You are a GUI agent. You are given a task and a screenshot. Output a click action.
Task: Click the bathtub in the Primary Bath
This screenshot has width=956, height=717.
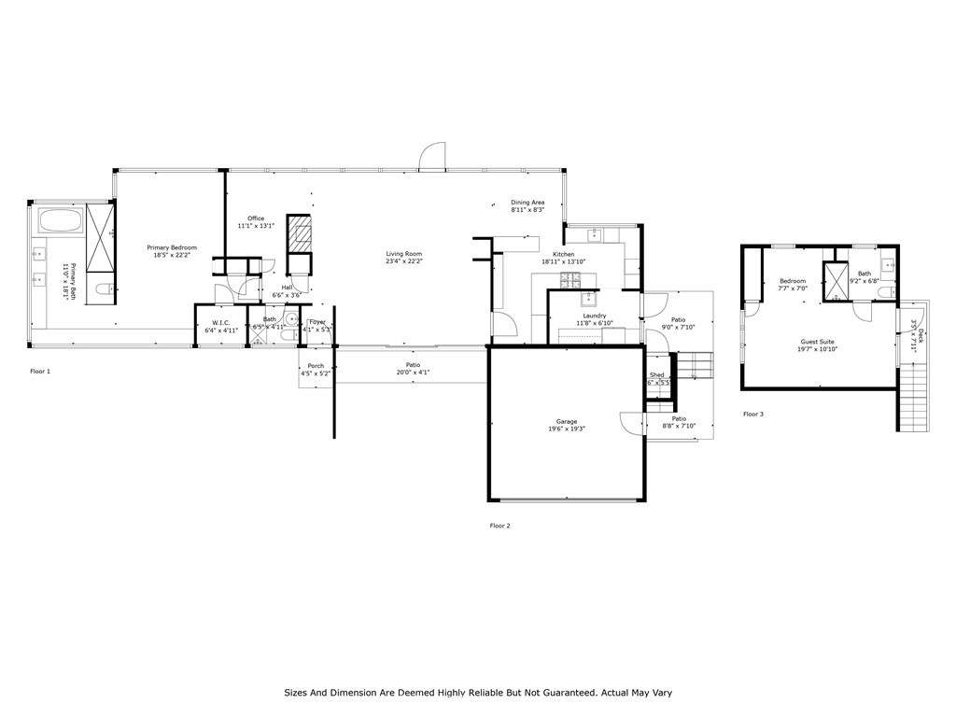click(61, 221)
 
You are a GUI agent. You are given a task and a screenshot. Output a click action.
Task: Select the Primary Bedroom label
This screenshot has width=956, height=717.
click(172, 247)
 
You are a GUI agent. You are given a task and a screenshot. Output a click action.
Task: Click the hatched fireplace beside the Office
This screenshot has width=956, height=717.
click(299, 233)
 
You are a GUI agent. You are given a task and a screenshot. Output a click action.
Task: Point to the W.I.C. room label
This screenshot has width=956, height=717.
click(221, 323)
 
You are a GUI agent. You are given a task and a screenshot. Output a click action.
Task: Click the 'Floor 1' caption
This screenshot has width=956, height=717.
click(40, 371)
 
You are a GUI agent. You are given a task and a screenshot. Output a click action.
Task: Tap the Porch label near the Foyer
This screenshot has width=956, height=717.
click(316, 366)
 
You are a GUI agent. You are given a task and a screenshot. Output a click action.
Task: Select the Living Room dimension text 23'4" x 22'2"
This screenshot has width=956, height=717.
click(404, 261)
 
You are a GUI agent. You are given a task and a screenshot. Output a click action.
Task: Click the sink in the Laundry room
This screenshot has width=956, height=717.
click(589, 300)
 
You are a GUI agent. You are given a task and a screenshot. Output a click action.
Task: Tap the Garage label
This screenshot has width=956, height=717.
click(567, 422)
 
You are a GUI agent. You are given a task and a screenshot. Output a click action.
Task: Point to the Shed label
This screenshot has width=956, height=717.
click(657, 375)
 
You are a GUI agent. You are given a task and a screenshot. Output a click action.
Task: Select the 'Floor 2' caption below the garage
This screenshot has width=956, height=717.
click(500, 526)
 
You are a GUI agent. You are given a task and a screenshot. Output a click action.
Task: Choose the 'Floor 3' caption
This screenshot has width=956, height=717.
click(753, 414)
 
